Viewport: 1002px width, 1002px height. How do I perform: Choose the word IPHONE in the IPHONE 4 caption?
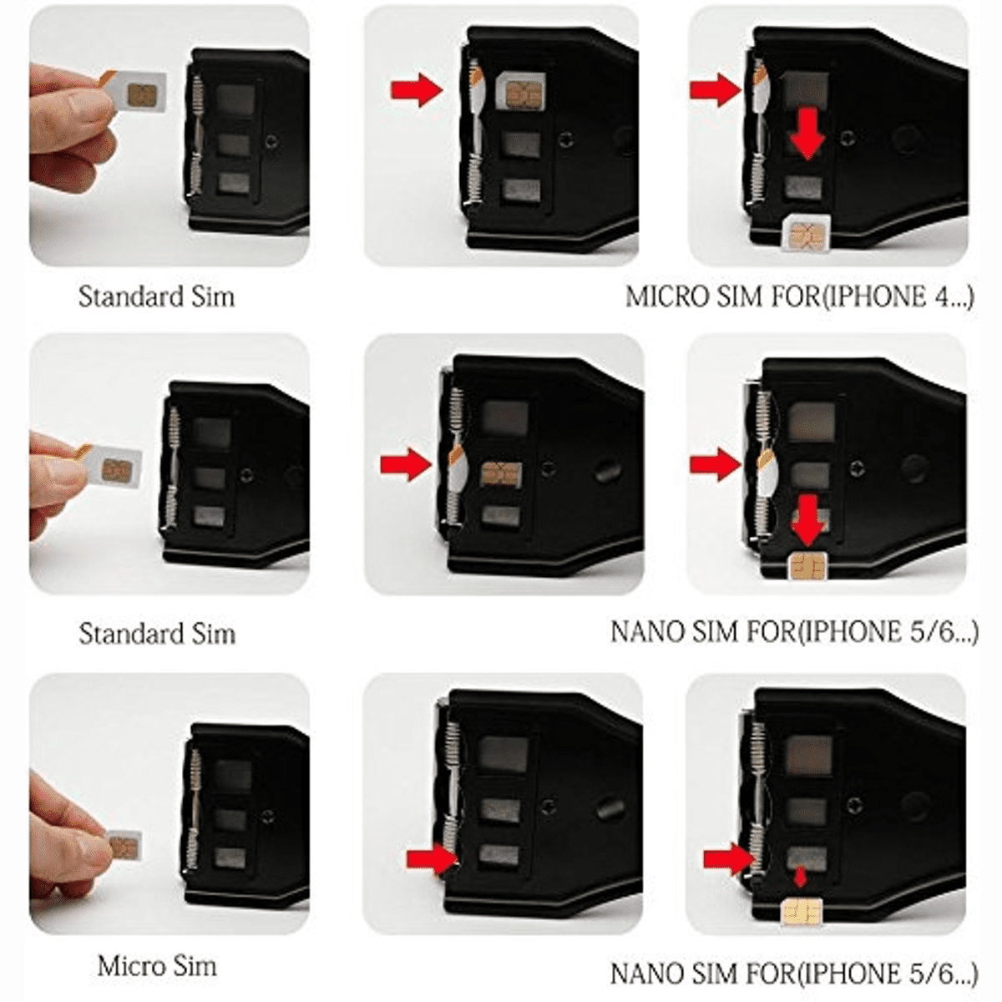[x=874, y=296]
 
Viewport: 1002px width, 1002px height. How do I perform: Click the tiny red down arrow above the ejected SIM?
[x=801, y=877]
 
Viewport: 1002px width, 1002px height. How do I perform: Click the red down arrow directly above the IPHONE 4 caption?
[x=807, y=134]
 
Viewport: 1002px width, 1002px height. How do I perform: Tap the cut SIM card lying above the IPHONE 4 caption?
[x=806, y=235]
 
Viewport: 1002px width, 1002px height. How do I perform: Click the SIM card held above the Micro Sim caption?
[x=124, y=845]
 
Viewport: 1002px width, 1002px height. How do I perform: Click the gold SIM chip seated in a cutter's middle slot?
[x=501, y=474]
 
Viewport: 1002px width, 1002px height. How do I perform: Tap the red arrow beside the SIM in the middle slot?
[x=406, y=464]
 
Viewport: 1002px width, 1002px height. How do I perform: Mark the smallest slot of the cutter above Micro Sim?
[x=230, y=858]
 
